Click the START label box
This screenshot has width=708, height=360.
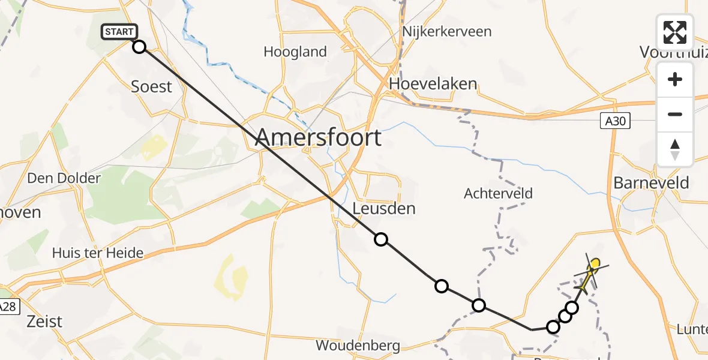pyautogui.click(x=120, y=32)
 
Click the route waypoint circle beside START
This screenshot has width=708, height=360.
pyautogui.click(x=139, y=47)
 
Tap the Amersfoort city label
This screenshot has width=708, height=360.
pyautogui.click(x=318, y=138)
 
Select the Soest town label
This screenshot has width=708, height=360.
pyautogui.click(x=151, y=86)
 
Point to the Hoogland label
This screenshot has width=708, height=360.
pyautogui.click(x=295, y=52)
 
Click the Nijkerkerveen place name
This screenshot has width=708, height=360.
pyautogui.click(x=448, y=31)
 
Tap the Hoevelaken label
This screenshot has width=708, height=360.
pyautogui.click(x=433, y=83)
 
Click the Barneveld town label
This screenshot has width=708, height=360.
pyautogui.click(x=651, y=182)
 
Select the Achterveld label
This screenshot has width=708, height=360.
pyautogui.click(x=498, y=193)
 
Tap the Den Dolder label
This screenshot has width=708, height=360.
pyautogui.click(x=64, y=178)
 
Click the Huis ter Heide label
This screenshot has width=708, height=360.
pyautogui.click(x=98, y=253)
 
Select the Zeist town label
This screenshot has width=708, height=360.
pyautogui.click(x=44, y=321)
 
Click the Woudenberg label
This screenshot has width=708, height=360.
pyautogui.click(x=358, y=346)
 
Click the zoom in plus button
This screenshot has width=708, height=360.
pyautogui.click(x=675, y=80)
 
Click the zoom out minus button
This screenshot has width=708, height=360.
pyautogui.click(x=675, y=114)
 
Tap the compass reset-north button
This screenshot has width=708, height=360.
pyautogui.click(x=675, y=149)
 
